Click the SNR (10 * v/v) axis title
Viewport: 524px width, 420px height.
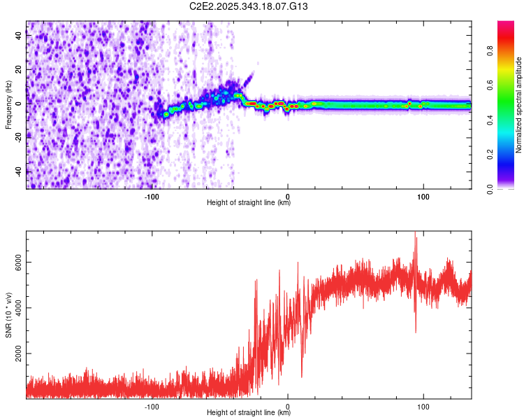[8, 316]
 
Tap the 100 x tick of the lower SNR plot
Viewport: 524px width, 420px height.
[423, 405]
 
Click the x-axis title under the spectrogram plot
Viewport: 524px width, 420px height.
[249, 203]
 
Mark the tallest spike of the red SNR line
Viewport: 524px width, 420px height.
[416, 232]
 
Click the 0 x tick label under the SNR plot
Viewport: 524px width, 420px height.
[288, 405]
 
